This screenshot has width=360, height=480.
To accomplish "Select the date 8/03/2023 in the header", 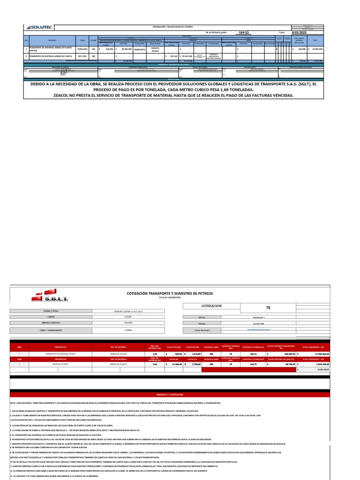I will pos(299,33).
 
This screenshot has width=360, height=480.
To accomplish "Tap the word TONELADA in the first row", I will pos(82,48).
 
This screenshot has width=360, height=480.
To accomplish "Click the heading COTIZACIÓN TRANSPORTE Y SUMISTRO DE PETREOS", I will pos(170,293).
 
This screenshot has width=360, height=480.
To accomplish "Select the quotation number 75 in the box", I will pos(268,308).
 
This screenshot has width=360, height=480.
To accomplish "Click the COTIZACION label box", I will pos(211,306).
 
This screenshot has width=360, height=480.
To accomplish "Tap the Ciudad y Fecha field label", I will pos(51,311).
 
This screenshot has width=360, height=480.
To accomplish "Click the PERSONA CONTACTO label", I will pos(51,323).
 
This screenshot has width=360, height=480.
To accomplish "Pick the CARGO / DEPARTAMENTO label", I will pos(51,330).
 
